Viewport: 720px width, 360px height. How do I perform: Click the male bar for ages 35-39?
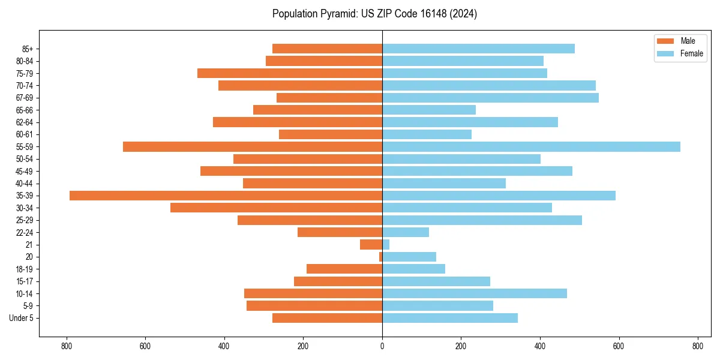tap(226, 196)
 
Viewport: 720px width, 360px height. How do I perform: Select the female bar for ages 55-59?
tap(531, 146)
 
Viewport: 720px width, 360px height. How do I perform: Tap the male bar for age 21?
tap(371, 245)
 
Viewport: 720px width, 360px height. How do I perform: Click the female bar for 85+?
tap(478, 49)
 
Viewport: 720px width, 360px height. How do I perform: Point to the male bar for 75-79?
tap(290, 73)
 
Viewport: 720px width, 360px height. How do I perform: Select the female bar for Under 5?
tap(450, 318)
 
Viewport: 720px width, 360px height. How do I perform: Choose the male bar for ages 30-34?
tap(276, 208)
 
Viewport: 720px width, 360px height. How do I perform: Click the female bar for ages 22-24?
tap(406, 232)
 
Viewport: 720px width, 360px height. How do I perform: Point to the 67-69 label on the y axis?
tap(25, 98)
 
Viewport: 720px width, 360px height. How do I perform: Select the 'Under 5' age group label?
tap(21, 318)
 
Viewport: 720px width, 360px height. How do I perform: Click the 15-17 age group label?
tap(25, 281)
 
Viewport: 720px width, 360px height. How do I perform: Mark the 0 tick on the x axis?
tap(382, 346)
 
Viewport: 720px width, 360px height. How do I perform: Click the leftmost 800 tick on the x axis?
tap(67, 346)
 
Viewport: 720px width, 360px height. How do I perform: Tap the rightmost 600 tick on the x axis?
tap(619, 346)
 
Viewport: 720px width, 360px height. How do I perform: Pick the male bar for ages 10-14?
tap(313, 293)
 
